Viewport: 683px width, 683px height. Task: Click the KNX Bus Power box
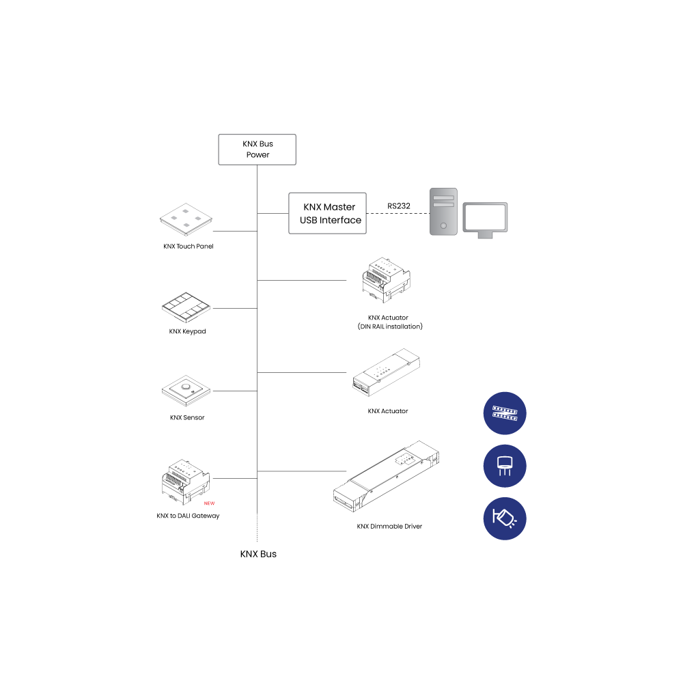[257, 150]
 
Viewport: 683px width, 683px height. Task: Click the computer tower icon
[443, 211]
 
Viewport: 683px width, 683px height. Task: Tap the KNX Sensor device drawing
[186, 391]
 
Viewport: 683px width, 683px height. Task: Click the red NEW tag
[209, 503]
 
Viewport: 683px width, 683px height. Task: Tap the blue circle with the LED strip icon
[505, 413]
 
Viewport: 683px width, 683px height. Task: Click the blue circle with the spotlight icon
[505, 519]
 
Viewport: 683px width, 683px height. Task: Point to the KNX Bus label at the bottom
[258, 554]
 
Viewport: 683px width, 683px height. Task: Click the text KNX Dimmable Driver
[389, 527]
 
